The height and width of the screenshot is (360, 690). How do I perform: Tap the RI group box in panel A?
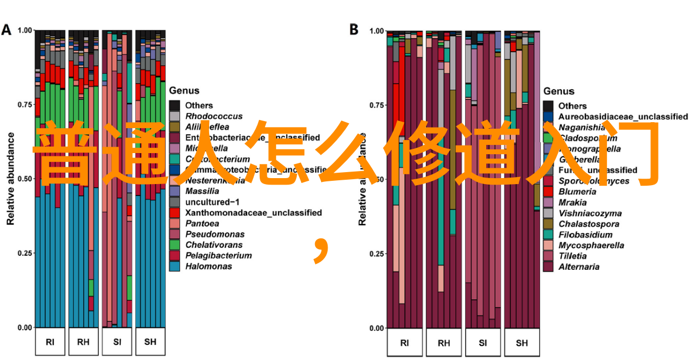[50, 342]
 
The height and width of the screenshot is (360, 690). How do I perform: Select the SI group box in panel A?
[117, 342]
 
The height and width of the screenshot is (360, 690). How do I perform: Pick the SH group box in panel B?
[522, 343]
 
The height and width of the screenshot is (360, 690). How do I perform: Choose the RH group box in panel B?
[443, 343]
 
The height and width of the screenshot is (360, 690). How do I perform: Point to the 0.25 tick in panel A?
[26, 254]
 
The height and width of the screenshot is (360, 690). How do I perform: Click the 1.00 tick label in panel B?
[377, 31]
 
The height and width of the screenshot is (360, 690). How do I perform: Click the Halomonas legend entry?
[208, 266]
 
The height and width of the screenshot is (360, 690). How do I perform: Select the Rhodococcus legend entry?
[214, 116]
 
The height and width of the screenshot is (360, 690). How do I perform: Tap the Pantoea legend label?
[202, 223]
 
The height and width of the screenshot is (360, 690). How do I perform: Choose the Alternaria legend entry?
[579, 267]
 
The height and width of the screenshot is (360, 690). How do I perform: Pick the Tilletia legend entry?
[573, 256]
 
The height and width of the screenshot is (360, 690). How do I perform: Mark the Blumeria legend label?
[577, 192]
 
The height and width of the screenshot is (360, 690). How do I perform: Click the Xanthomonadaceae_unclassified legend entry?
[253, 212]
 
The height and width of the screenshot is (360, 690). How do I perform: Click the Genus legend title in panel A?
[184, 91]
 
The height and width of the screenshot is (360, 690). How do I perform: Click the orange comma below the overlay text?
[322, 249]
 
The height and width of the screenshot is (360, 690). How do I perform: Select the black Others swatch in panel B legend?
[548, 106]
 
